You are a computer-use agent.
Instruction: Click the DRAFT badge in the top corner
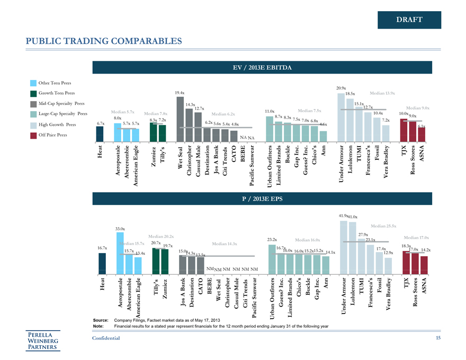point(409,20)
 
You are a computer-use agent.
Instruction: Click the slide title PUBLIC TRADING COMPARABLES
point(104,41)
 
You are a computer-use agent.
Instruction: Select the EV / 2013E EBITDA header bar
point(266,67)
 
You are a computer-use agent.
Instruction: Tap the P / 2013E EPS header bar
point(266,199)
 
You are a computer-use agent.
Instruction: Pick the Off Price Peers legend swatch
point(33,135)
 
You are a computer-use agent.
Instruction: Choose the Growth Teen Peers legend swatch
point(33,93)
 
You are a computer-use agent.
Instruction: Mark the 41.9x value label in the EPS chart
point(343,215)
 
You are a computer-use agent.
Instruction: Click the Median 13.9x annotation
point(382,93)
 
